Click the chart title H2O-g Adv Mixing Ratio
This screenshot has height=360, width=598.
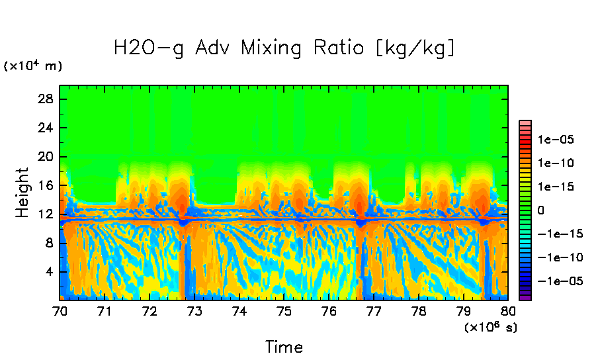(284, 48)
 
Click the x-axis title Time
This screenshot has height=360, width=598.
(284, 347)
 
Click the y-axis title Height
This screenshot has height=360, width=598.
(23, 193)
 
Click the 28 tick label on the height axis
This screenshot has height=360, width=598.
(46, 99)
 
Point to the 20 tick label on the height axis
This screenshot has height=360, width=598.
(46, 157)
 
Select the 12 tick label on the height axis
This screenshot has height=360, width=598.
(46, 214)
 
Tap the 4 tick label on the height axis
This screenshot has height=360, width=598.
(49, 272)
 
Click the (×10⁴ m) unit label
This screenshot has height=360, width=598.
(33, 66)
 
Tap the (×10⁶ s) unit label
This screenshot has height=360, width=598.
(490, 327)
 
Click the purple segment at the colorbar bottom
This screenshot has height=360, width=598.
(525, 297)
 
